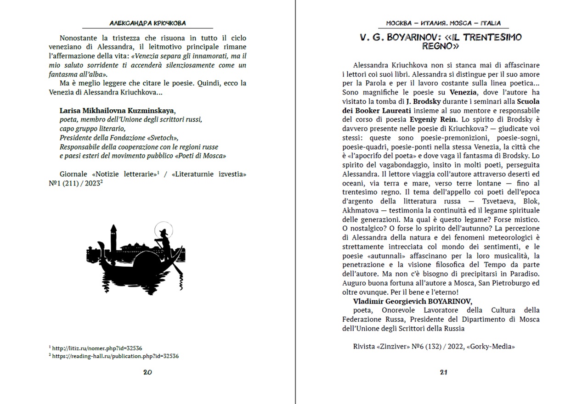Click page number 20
tap(147, 372)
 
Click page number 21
tap(443, 372)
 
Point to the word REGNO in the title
tap(440, 46)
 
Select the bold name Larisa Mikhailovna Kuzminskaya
tap(118, 111)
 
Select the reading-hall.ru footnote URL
tap(115, 356)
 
